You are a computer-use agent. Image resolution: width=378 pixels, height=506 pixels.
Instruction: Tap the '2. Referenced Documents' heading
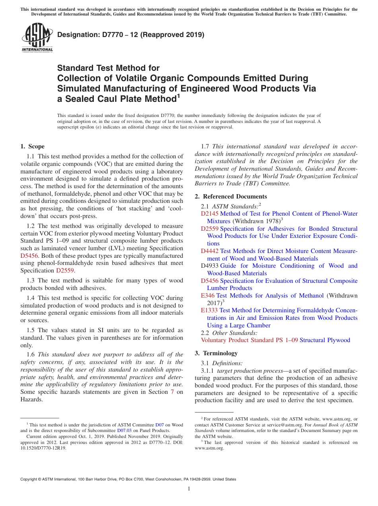tap(231, 197)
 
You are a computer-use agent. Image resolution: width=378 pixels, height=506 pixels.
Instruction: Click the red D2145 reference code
tap(209, 214)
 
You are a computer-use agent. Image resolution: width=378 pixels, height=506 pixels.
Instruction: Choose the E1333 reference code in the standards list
tap(209, 310)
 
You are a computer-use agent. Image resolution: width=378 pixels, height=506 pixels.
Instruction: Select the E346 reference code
tap(208, 296)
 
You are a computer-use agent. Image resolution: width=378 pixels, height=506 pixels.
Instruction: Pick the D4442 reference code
tap(210, 251)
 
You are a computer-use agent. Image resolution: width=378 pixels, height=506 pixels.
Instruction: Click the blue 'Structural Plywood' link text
tap(325, 340)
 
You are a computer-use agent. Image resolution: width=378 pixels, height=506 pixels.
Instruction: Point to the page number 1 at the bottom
tap(189, 489)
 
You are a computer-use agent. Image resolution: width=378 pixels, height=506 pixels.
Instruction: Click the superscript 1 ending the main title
tap(179, 96)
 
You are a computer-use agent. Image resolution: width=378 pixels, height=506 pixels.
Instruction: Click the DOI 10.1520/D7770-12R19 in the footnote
tap(43, 448)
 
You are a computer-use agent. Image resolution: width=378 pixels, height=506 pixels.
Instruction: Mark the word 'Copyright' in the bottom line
tap(31, 479)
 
